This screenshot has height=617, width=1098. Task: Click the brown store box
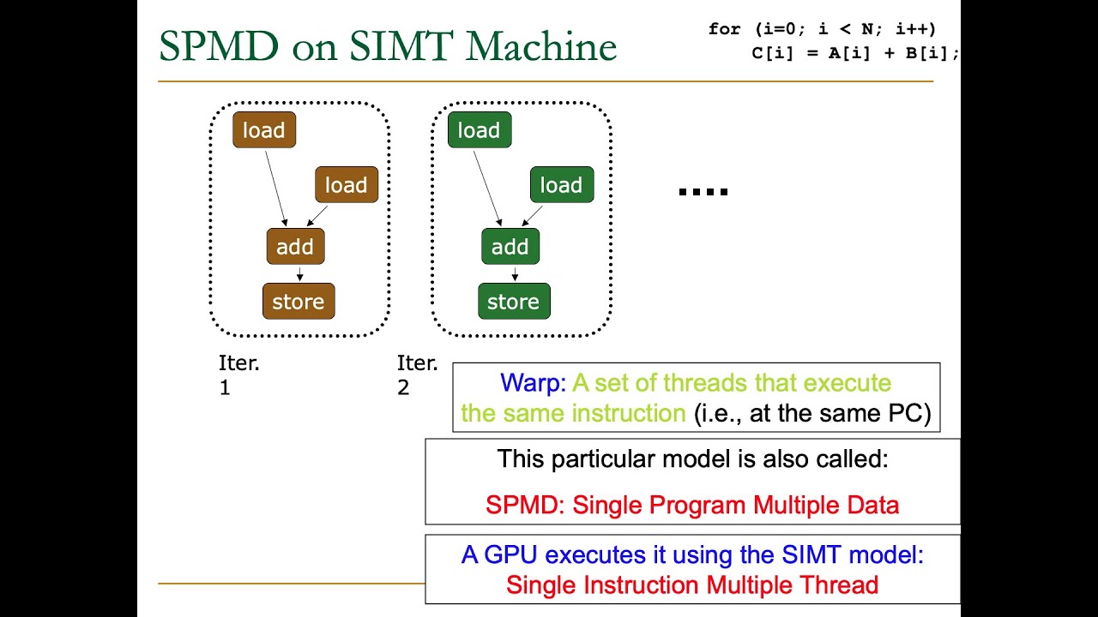(299, 302)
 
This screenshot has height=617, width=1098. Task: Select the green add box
(510, 247)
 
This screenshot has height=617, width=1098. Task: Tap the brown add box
(295, 247)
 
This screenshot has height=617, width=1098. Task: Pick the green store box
(514, 302)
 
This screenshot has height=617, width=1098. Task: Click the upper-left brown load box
(264, 130)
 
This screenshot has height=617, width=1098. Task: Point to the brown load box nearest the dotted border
(347, 185)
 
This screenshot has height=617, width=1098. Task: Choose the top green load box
(480, 130)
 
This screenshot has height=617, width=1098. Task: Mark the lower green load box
(562, 185)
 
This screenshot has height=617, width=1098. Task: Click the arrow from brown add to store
(299, 274)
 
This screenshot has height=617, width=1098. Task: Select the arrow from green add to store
(514, 274)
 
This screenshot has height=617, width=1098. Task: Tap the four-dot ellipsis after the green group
(703, 192)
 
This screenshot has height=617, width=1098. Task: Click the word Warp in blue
(533, 383)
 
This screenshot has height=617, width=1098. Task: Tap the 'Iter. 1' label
(239, 374)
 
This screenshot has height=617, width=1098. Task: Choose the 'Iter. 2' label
(417, 374)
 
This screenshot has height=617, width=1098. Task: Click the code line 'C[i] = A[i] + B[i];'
(854, 52)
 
